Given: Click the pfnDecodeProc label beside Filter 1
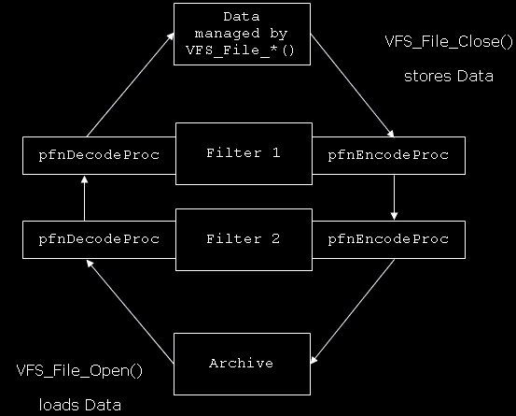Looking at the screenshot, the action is tap(99, 155).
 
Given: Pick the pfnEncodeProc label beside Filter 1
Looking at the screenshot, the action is tap(388, 155).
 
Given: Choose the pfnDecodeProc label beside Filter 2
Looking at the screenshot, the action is tap(99, 239).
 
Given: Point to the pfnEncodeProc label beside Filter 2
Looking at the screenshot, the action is tap(388, 239).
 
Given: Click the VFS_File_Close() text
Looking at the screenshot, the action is tap(449, 42).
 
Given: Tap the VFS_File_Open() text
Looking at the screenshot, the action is tap(79, 370).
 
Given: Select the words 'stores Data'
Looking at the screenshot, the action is tap(449, 76).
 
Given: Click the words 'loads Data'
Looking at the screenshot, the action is tap(80, 405).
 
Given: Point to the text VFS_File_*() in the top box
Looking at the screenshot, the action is tap(240, 50).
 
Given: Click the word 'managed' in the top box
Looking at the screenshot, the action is tap(227, 34).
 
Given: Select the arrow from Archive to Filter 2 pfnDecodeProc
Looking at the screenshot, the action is tap(130, 311).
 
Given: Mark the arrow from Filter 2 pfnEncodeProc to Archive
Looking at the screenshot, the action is tap(353, 311).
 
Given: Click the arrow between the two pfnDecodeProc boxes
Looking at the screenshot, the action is tap(85, 198).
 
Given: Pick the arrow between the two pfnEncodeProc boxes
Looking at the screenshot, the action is tap(395, 197).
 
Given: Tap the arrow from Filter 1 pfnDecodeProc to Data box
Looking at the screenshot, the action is tap(131, 84).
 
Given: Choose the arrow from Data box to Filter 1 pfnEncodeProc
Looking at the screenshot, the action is tap(353, 85).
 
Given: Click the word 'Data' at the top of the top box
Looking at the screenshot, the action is tap(242, 17).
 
